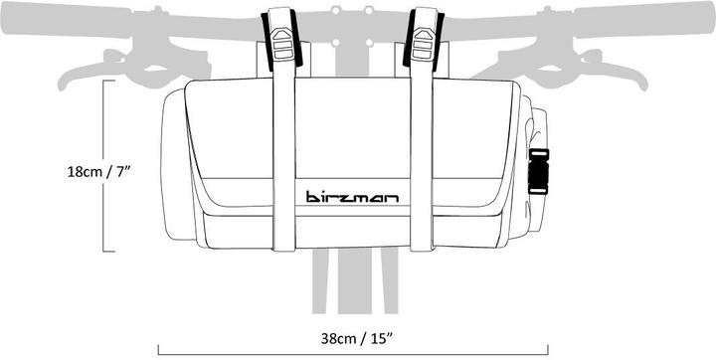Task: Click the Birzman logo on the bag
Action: point(353,196)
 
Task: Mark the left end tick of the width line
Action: point(159,351)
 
